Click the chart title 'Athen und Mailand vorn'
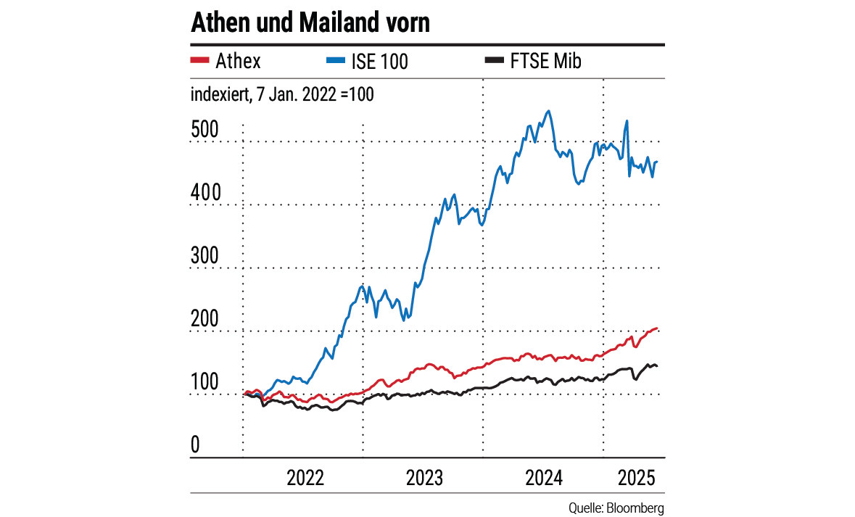(310, 23)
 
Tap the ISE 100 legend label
(383, 62)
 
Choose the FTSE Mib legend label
(545, 62)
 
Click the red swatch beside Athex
(199, 61)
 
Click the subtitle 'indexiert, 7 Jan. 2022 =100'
(282, 94)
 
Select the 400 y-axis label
(205, 192)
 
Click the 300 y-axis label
(205, 255)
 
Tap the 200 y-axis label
(205, 318)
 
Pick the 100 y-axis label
(205, 382)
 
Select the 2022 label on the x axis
(305, 479)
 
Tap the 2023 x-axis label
(424, 479)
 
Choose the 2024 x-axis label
(544, 479)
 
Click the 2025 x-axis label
(636, 479)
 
